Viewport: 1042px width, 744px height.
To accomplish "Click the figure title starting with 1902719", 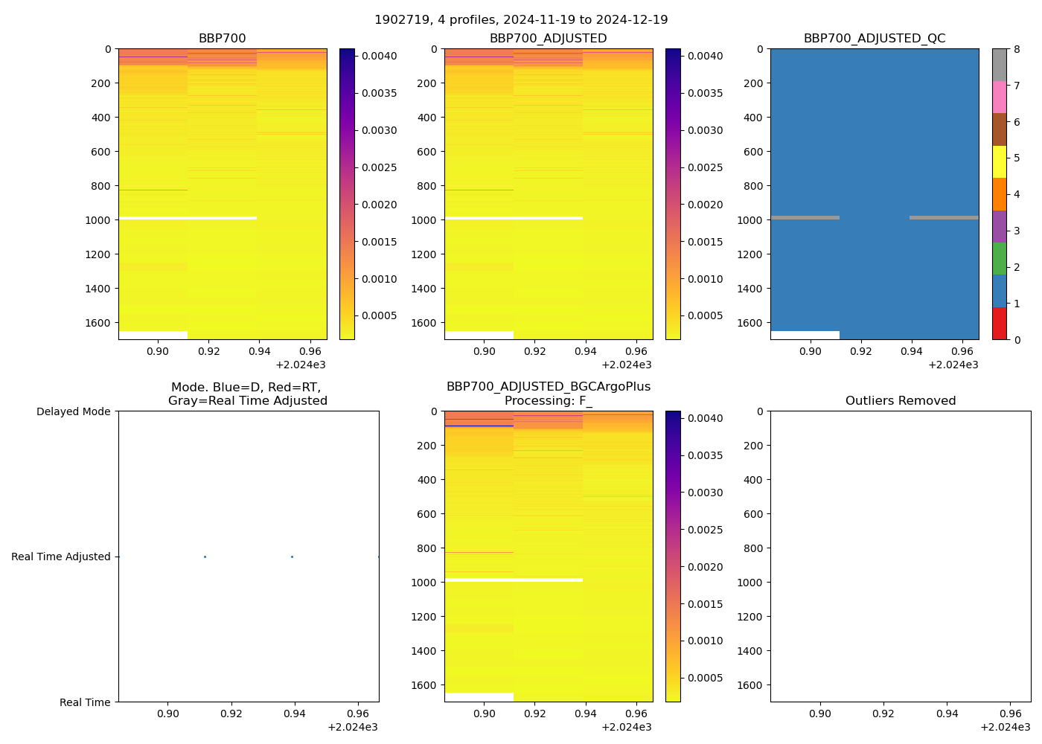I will coord(521,19).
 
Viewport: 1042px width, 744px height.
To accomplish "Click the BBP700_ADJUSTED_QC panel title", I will coord(874,39).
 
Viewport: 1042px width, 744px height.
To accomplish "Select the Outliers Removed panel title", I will coord(900,401).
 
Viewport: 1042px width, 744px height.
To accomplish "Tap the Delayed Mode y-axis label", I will coord(73,411).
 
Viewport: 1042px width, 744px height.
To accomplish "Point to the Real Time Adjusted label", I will coord(60,557).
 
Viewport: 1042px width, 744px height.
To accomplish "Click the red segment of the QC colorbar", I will coord(999,324).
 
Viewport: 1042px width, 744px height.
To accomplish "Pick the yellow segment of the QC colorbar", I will coord(999,162).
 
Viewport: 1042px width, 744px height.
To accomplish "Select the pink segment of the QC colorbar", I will coord(999,97).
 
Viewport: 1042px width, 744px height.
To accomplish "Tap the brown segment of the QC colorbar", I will coord(999,129).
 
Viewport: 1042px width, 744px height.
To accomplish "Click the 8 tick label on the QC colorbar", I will coord(1017,50).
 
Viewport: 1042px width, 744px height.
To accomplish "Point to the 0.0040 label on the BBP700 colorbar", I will coord(379,56).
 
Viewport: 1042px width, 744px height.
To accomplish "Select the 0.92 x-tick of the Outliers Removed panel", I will coord(883,713).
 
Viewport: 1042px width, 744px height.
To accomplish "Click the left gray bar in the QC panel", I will coord(805,218).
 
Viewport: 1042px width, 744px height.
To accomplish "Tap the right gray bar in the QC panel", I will coord(944,218).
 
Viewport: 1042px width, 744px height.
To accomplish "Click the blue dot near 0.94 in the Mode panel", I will coord(292,557).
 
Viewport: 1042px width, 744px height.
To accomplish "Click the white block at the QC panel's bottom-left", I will coord(805,336).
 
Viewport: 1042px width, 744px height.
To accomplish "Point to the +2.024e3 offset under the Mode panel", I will coord(352,727).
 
